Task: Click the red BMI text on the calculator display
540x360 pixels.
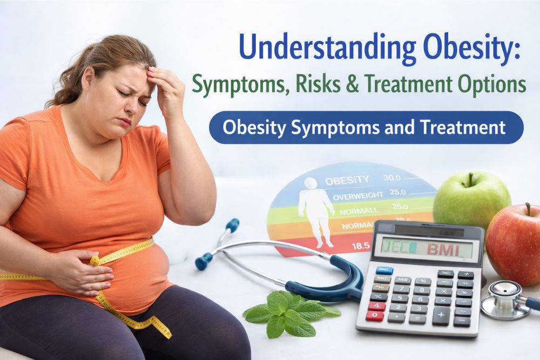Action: [438, 249]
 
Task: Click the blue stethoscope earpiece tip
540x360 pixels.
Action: [202, 263]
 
